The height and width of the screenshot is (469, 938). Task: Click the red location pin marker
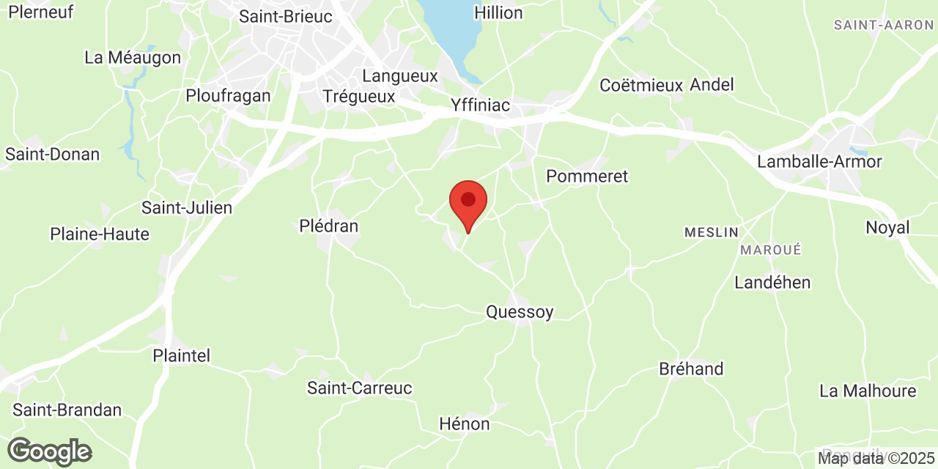pyautogui.click(x=468, y=202)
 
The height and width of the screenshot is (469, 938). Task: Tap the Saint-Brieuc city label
pyautogui.click(x=286, y=16)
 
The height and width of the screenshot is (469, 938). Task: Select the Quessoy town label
pyautogui.click(x=520, y=312)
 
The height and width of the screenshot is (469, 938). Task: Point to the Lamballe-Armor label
pyautogui.click(x=820, y=161)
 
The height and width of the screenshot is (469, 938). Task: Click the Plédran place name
pyautogui.click(x=329, y=226)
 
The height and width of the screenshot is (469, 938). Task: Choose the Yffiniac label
pyautogui.click(x=481, y=106)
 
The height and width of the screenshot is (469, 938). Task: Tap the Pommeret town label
pyautogui.click(x=587, y=176)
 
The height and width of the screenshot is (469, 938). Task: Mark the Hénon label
pyautogui.click(x=465, y=424)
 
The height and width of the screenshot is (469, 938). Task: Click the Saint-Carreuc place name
pyautogui.click(x=360, y=388)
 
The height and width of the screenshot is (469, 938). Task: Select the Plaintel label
pyautogui.click(x=181, y=355)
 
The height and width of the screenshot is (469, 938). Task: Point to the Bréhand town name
pyautogui.click(x=691, y=369)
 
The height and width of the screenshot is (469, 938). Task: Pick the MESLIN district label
pyautogui.click(x=712, y=232)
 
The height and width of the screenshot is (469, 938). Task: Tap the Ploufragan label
pyautogui.click(x=228, y=95)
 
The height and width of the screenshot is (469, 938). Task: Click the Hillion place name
pyautogui.click(x=498, y=12)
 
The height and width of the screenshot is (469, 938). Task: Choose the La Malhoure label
pyautogui.click(x=868, y=391)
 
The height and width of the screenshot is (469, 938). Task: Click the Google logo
pyautogui.click(x=49, y=451)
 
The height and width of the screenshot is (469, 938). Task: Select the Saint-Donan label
pyautogui.click(x=52, y=154)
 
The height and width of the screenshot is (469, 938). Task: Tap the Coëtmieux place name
pyautogui.click(x=641, y=85)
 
